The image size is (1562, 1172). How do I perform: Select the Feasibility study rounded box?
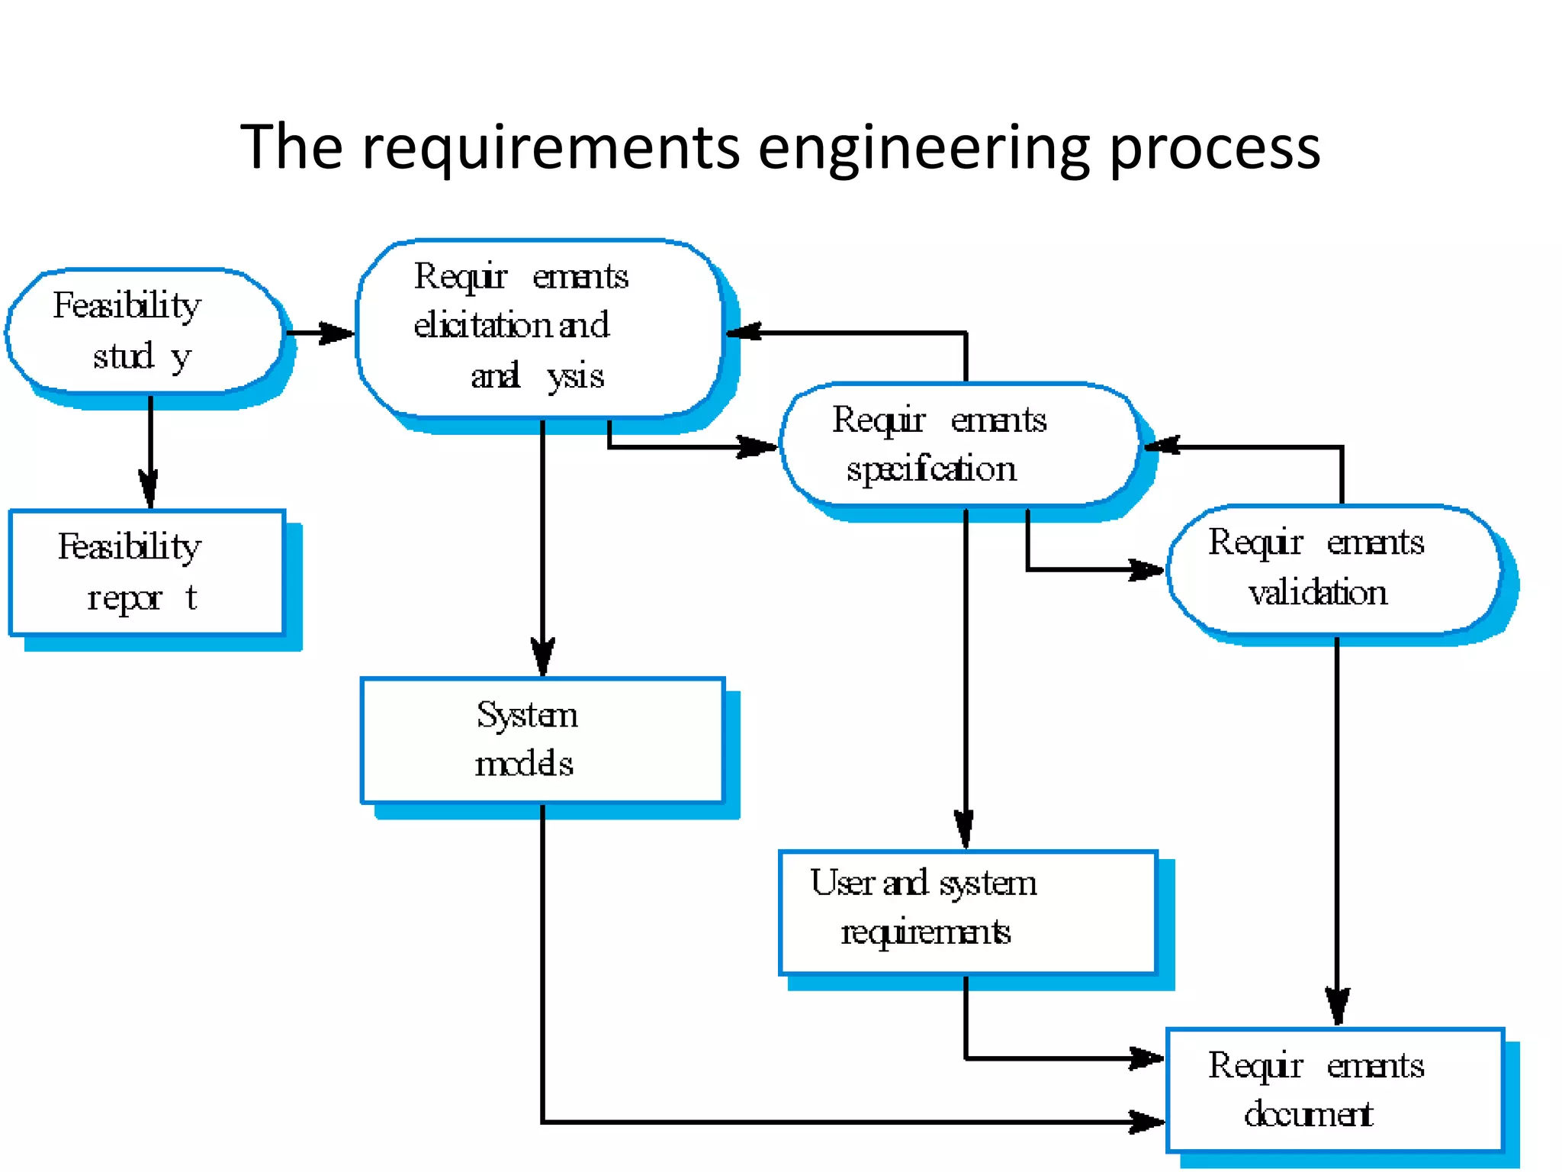145,330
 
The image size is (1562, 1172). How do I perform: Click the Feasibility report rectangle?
146,572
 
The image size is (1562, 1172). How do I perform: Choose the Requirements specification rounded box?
959,444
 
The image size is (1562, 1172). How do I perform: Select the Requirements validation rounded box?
1333,569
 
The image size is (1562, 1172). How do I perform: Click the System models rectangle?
542,740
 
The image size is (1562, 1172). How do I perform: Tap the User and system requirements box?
967,913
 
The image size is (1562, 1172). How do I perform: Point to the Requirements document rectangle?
1335,1090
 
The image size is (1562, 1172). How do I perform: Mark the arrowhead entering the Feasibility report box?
149,488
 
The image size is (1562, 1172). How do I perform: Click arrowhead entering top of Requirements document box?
1337,1006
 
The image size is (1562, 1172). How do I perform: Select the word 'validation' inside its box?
1317,593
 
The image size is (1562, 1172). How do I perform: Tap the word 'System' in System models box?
527,716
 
